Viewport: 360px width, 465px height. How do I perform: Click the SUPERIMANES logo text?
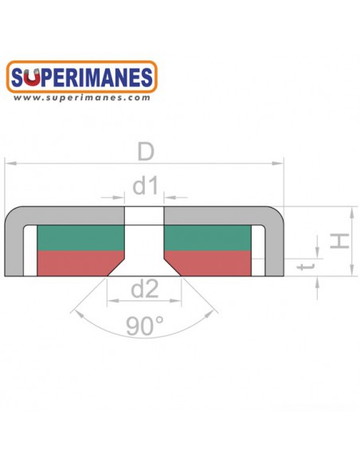tap(82, 77)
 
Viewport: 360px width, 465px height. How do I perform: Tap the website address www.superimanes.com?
tap(82, 98)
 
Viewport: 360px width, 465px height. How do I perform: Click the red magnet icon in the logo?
tap(32, 77)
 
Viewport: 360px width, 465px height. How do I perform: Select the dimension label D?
tap(146, 151)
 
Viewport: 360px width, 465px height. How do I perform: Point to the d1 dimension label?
tap(145, 186)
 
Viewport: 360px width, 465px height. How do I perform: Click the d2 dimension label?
tap(145, 290)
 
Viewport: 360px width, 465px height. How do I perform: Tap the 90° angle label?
tap(145, 326)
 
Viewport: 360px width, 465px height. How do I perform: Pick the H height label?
tap(339, 240)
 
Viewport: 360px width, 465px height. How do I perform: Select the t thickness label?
tap(305, 266)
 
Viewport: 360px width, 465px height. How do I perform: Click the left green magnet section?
tap(80, 238)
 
